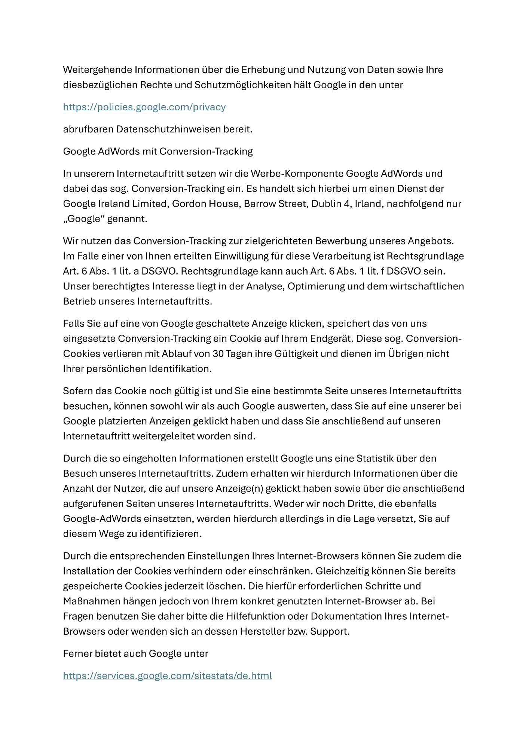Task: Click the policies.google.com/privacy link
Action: (144, 107)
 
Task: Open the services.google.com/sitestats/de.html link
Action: (167, 676)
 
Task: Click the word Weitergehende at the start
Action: (98, 70)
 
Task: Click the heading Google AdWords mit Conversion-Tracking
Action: (158, 151)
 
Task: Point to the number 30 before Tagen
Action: (218, 354)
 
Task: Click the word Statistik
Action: (377, 459)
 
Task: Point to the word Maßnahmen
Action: (89, 601)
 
